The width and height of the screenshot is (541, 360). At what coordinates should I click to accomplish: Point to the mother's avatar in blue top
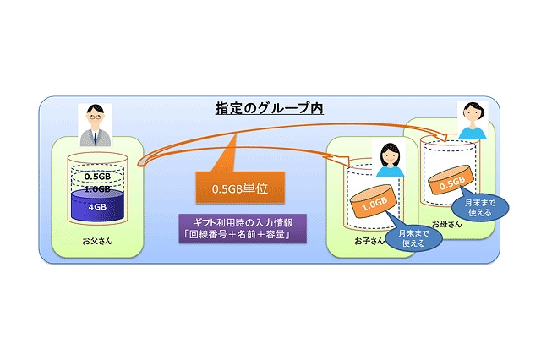(x=472, y=120)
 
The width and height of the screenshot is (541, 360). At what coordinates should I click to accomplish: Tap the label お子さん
(x=369, y=241)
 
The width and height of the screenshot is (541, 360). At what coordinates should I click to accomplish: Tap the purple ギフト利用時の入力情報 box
(x=241, y=227)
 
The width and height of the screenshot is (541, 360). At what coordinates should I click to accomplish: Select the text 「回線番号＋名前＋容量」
(x=241, y=235)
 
